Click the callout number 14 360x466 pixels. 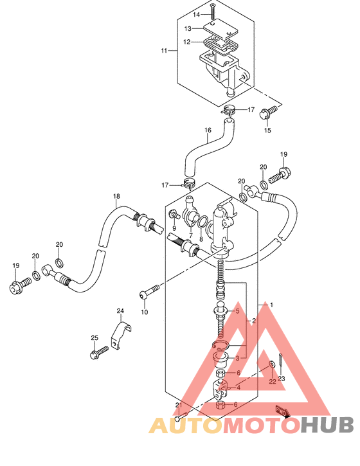[x=197, y=15]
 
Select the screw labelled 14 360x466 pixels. [x=213, y=11]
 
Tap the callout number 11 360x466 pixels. [x=164, y=51]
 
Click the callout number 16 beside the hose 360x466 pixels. [x=208, y=130]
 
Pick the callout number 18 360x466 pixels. [x=116, y=196]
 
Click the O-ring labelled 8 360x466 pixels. [x=203, y=222]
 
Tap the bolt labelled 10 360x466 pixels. [x=149, y=291]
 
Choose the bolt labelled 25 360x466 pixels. [x=99, y=352]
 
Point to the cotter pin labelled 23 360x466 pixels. [x=281, y=363]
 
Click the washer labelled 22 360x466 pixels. [x=271, y=364]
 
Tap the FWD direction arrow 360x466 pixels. [x=282, y=412]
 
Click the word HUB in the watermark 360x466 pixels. [x=327, y=424]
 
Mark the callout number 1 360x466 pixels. [x=271, y=305]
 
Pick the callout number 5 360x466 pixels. [x=237, y=311]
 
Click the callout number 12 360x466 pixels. [x=186, y=42]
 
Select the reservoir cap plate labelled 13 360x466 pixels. [x=221, y=30]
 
